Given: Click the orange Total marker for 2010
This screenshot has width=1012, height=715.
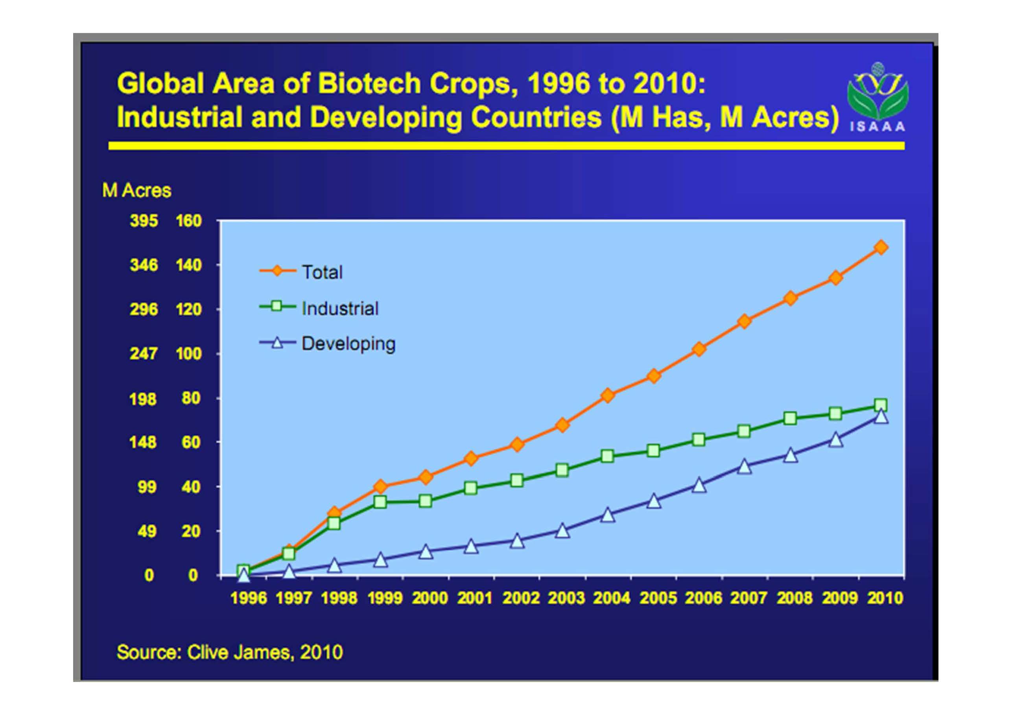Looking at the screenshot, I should click(x=881, y=247).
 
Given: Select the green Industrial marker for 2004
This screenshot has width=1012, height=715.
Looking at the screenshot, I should click(x=607, y=456).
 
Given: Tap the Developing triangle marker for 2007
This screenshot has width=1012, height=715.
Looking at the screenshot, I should click(x=745, y=466).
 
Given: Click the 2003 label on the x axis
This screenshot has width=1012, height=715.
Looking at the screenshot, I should click(x=566, y=598).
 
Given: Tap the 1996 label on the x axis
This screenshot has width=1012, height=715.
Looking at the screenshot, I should click(x=249, y=598).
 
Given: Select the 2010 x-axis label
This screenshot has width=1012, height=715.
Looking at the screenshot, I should click(x=885, y=598).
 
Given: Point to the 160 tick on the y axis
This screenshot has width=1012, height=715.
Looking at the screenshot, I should click(x=189, y=221).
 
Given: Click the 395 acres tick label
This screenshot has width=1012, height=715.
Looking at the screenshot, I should click(x=144, y=221).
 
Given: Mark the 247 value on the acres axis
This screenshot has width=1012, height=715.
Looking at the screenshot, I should click(x=144, y=354).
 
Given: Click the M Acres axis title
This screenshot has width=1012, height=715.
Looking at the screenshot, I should click(x=136, y=190).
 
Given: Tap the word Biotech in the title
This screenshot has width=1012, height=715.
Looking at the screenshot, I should click(x=369, y=83).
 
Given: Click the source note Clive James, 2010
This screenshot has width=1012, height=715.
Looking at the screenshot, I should click(x=230, y=652).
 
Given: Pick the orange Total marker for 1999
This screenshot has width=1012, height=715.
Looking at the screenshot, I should click(x=380, y=486).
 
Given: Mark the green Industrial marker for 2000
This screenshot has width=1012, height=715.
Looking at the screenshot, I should click(x=425, y=501).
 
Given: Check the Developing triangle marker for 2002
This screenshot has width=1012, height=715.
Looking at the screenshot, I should click(x=517, y=540).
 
